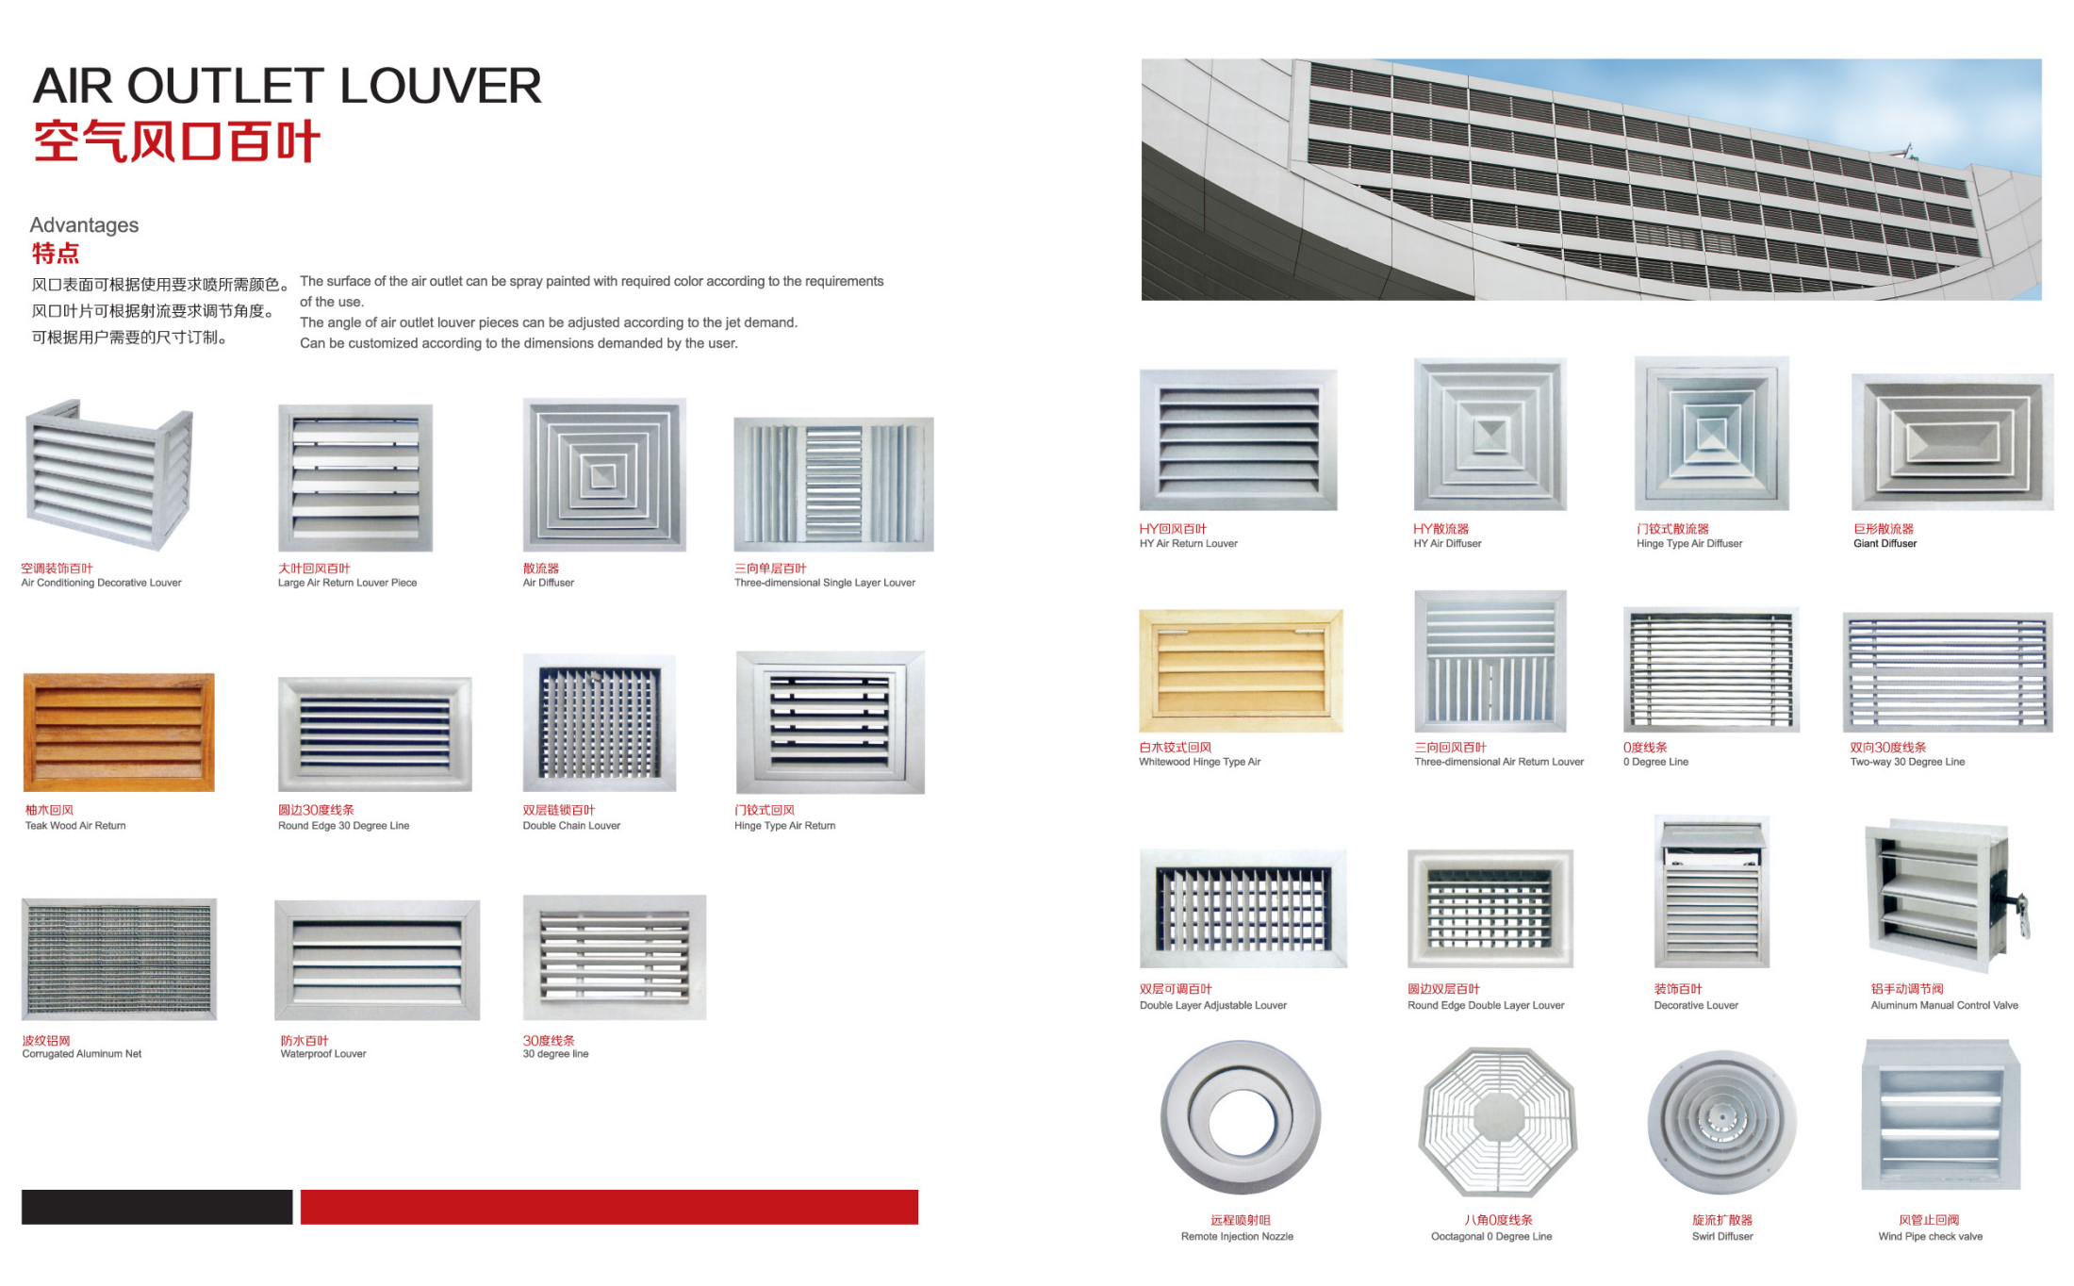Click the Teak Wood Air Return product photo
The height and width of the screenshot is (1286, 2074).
(119, 732)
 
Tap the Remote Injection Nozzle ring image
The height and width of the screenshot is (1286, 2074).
(1241, 1117)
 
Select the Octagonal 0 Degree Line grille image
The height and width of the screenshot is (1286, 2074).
(1497, 1121)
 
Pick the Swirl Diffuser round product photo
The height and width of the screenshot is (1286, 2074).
(1721, 1122)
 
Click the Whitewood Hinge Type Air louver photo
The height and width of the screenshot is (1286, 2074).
(1241, 670)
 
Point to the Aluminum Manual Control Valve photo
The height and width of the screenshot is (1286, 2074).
(1943, 896)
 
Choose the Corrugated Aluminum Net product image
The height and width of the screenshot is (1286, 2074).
(119, 959)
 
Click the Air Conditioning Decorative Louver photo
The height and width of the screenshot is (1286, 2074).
(109, 475)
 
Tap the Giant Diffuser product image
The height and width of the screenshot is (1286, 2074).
(1951, 441)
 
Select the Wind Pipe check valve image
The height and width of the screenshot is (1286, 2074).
(1940, 1115)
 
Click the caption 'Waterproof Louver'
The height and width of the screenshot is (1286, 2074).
(323, 1054)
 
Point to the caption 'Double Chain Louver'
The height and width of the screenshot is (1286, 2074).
(571, 826)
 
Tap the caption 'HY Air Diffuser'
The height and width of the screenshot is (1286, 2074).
(1447, 544)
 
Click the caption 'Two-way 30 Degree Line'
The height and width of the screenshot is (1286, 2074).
(1907, 762)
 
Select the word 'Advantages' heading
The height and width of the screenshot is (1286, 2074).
(84, 225)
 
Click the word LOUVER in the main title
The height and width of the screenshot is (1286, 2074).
(440, 87)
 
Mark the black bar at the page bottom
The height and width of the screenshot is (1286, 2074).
(156, 1207)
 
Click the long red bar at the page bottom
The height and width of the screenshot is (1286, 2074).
(609, 1207)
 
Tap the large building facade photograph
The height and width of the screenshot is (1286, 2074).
(1591, 179)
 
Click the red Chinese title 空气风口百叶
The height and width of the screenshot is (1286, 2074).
(177, 142)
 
